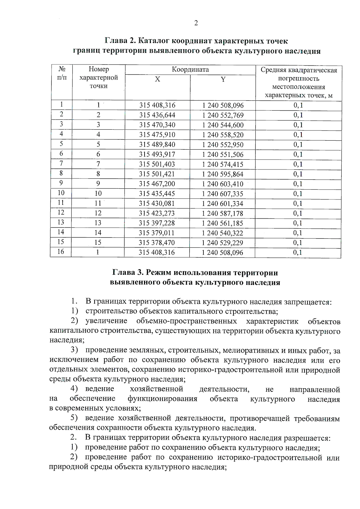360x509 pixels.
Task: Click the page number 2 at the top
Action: point(196,23)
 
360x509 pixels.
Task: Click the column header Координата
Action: point(190,70)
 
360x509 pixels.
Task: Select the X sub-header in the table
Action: point(157,79)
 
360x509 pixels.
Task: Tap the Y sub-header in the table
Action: point(223,79)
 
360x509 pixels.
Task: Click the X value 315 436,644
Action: point(157,115)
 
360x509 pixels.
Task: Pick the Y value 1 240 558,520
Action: point(223,135)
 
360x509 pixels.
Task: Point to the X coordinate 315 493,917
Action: point(157,154)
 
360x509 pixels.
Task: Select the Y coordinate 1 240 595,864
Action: point(223,174)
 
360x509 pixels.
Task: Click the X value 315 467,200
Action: point(157,184)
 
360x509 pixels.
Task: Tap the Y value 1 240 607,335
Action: point(223,194)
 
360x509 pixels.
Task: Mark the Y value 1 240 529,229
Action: point(223,243)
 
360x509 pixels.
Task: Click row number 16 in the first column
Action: point(61,252)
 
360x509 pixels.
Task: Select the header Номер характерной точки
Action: point(98,78)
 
